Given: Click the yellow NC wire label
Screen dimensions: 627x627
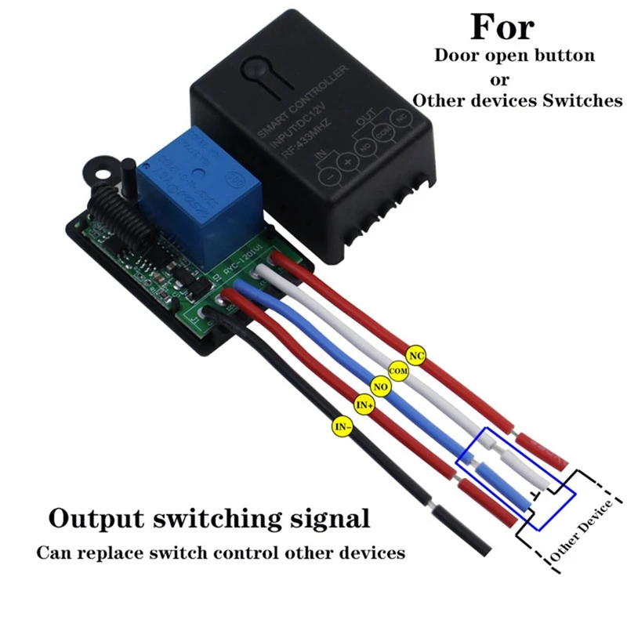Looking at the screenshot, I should pos(417,357).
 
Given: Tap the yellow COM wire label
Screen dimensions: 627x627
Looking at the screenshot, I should pos(399,370).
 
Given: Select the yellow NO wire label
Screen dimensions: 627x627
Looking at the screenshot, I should pos(382,386).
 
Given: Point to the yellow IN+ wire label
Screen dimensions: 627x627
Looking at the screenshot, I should pos(364,404).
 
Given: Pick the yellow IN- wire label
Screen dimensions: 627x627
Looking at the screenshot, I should pos(342,426).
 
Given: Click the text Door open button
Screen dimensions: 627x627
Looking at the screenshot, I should pos(514,56).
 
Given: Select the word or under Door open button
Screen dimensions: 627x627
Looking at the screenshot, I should pos(499,79).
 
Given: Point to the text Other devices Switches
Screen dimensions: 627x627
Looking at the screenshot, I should pos(517,100).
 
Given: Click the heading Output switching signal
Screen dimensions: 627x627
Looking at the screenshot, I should pos(208,518).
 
